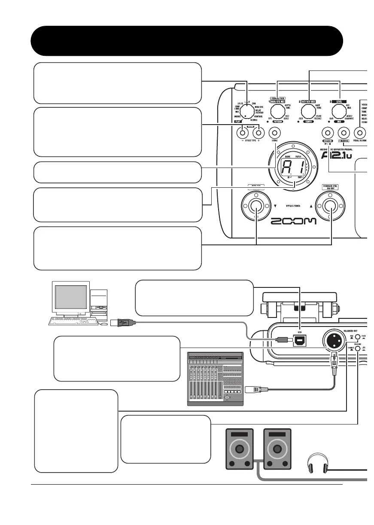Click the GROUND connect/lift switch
358,348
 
